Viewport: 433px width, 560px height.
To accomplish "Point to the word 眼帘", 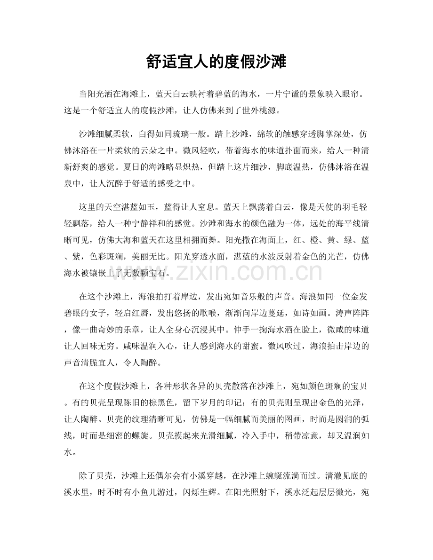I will coord(359,95).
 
